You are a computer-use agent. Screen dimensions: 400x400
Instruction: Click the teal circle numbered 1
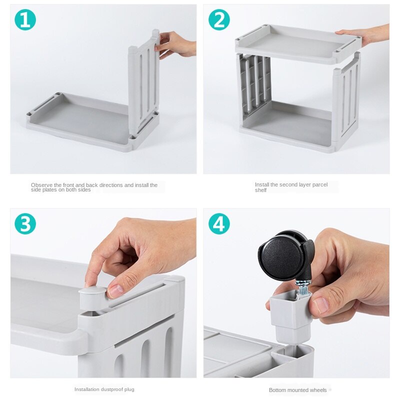(x=25, y=19)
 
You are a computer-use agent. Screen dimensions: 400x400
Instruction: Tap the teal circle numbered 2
(x=219, y=19)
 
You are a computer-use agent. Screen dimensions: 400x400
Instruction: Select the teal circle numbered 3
(x=25, y=223)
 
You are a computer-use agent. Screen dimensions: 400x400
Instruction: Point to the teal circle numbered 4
(x=219, y=223)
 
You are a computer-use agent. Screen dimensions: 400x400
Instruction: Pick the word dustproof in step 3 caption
(x=112, y=389)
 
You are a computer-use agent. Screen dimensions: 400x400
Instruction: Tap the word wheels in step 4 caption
(x=318, y=390)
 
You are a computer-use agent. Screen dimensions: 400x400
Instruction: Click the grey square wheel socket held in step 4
(x=291, y=316)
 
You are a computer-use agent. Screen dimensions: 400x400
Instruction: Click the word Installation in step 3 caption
(x=87, y=389)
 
